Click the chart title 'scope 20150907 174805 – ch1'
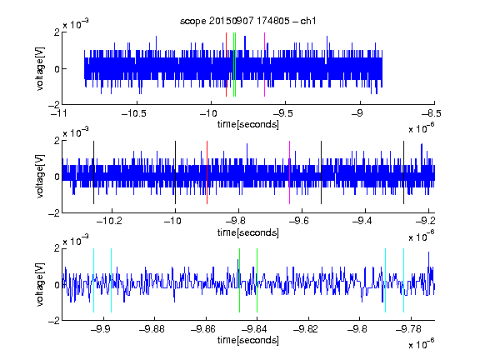tap(247, 21)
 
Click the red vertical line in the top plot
tap(226, 65)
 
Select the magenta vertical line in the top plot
tap(264, 65)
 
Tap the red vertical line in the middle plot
tap(207, 172)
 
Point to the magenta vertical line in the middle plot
tap(290, 172)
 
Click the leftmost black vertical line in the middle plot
tap(93, 172)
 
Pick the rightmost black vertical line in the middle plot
tap(404, 172)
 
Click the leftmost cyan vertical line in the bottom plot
tap(93, 280)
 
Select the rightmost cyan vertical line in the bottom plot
tap(404, 280)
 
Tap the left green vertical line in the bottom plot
tap(239, 280)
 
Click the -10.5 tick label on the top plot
tap(134, 114)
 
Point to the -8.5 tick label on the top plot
tap(432, 114)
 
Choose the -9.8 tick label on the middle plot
tap(236, 220)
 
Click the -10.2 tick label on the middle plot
tap(109, 220)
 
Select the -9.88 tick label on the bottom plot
tap(152, 329)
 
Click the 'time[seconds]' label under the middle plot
tap(248, 232)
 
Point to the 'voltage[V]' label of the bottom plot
tap(40, 284)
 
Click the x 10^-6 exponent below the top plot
tap(422, 128)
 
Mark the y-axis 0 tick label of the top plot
tap(57, 69)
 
